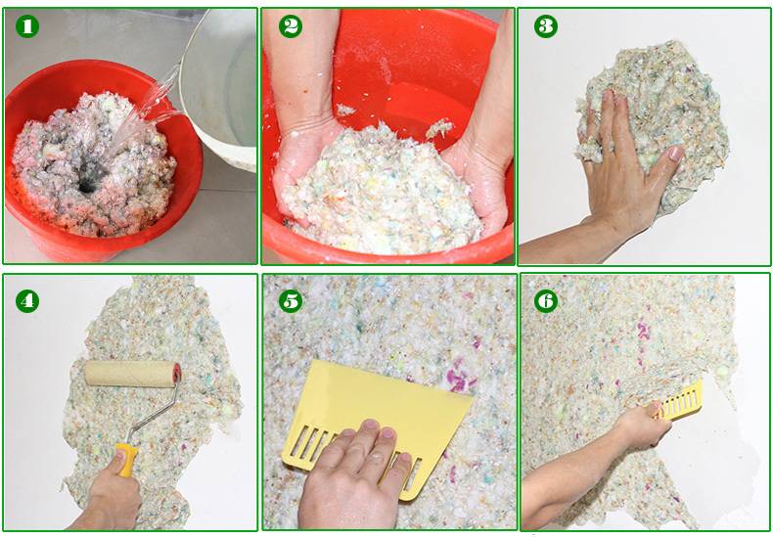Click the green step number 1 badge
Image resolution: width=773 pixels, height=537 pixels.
pyautogui.click(x=26, y=27)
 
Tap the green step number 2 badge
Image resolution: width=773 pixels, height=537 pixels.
pyautogui.click(x=291, y=27)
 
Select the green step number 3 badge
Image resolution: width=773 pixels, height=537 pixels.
pyautogui.click(x=546, y=27)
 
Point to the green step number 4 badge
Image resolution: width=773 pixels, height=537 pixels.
pyautogui.click(x=26, y=300)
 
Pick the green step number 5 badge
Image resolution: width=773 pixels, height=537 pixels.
pyautogui.click(x=291, y=300)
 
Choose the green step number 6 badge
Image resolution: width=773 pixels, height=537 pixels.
pyautogui.click(x=546, y=300)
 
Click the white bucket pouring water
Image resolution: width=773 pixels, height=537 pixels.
pyautogui.click(x=224, y=88)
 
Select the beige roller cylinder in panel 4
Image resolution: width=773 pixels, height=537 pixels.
pyautogui.click(x=128, y=374)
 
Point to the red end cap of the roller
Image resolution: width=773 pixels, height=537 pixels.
pyautogui.click(x=176, y=373)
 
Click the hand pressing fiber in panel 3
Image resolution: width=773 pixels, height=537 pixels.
pyautogui.click(x=626, y=166)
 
